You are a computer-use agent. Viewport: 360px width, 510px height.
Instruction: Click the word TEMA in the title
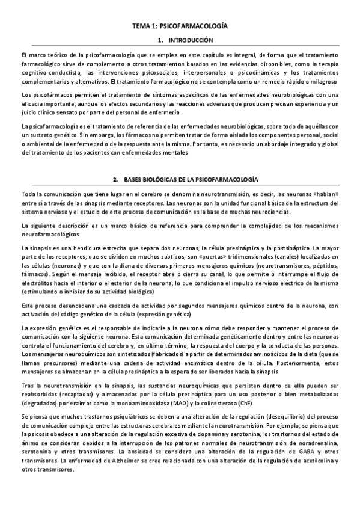pyautogui.click(x=142, y=26)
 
